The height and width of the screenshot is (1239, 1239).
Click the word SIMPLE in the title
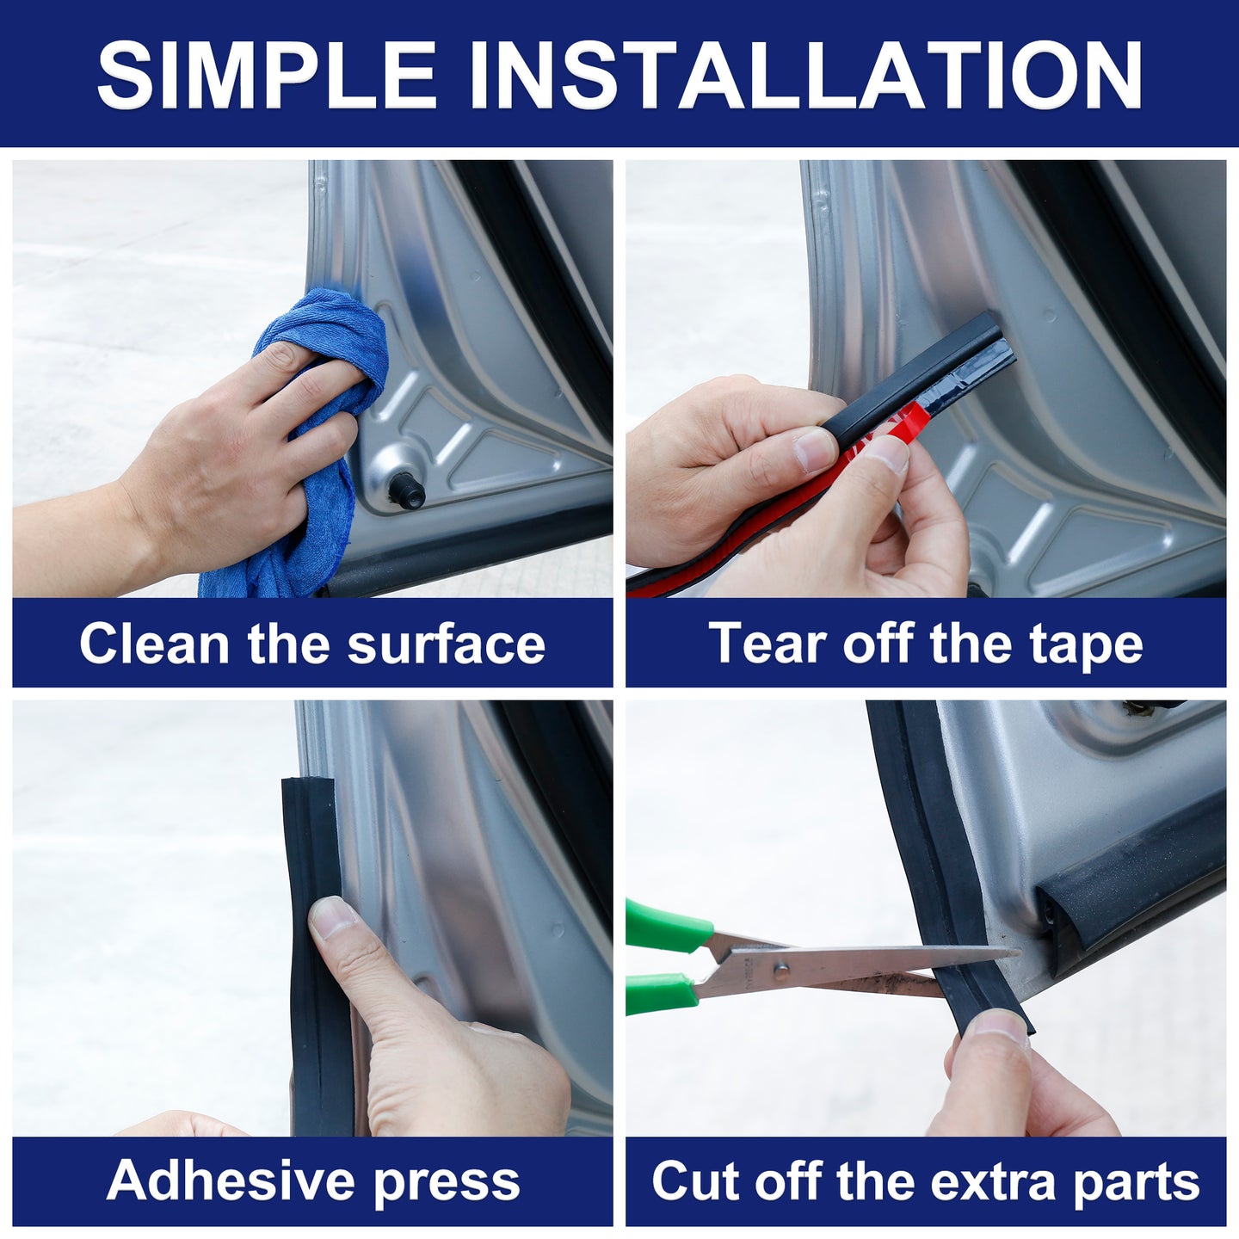click(267, 75)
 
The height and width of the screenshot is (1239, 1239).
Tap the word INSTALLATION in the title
click(805, 75)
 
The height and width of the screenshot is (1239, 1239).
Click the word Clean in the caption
click(154, 644)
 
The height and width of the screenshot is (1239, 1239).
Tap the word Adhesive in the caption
click(230, 1180)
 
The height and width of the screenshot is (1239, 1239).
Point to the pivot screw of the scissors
click(780, 971)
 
